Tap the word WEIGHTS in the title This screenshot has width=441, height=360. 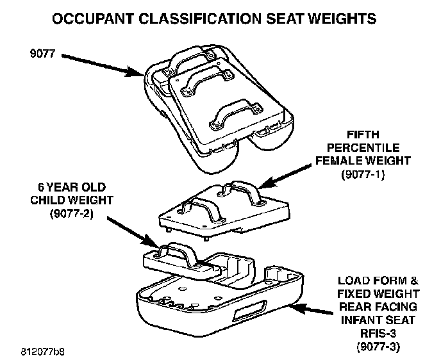[x=348, y=19]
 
